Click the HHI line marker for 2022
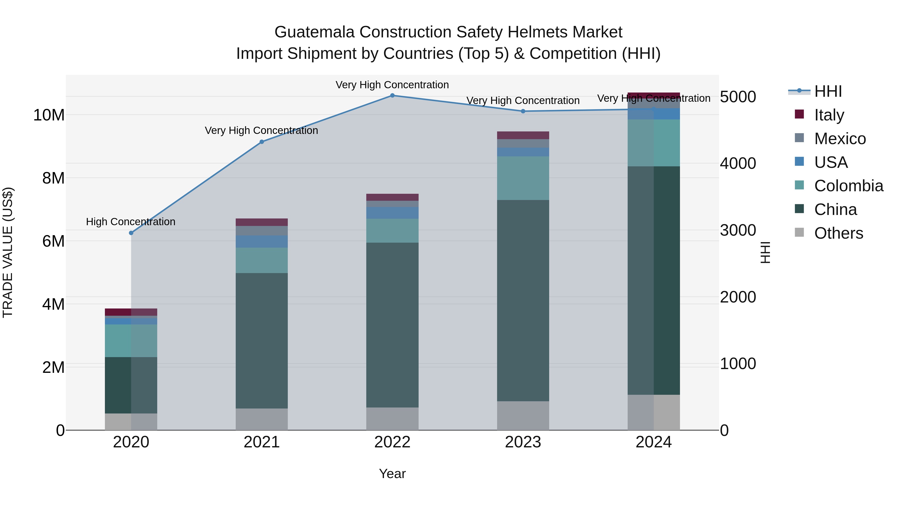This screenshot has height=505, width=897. point(392,95)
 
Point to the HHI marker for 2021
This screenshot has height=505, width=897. point(262,142)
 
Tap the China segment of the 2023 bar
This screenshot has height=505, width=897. point(523,301)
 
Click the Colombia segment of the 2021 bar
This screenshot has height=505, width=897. point(262,260)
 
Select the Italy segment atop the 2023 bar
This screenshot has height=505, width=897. point(523,135)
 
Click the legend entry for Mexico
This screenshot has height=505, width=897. point(839,139)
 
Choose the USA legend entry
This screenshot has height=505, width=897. point(830,162)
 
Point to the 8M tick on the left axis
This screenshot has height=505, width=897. point(53,178)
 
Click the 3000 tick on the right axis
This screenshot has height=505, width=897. point(738,230)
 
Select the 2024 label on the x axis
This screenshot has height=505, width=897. point(653,442)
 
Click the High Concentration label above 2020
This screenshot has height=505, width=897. point(131,222)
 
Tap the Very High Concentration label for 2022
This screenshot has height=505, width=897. point(392,85)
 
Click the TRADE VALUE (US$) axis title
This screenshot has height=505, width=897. point(8,252)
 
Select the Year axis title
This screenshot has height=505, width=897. point(392,474)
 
